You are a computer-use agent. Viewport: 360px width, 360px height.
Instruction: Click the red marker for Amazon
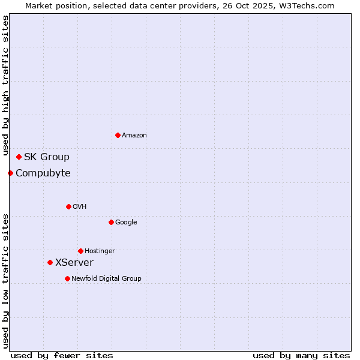coord(118,135)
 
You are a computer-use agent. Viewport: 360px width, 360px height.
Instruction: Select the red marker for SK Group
coord(19,157)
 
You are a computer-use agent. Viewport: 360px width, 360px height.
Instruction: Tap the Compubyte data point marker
coord(10,173)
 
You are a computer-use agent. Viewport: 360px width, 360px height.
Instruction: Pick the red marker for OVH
coord(68,206)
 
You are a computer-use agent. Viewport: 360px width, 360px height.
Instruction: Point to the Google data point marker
coord(111,222)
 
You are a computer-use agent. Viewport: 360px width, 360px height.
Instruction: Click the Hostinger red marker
coord(80,251)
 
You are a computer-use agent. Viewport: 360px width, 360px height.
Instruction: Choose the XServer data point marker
coord(50,262)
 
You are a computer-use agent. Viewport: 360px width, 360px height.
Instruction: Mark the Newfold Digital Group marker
coord(67,278)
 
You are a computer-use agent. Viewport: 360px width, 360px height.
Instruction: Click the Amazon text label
coord(134,136)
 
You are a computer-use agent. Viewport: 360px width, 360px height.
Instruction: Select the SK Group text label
coord(47,157)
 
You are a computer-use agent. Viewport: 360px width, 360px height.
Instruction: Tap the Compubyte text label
coord(43,173)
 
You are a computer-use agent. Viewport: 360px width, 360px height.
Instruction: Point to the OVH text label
coord(80,207)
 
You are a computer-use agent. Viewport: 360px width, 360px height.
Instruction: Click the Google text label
coord(126,223)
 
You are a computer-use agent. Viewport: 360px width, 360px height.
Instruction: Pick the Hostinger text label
coord(100,251)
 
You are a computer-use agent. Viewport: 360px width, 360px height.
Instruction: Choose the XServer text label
coord(74,263)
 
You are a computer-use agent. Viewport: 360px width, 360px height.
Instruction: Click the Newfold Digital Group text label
coord(106,279)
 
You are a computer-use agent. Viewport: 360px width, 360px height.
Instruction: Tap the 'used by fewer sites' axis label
coord(62,355)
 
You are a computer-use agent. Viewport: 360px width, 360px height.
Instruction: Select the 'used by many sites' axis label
coord(301,355)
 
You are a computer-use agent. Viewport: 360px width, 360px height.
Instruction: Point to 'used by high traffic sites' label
coord(6,86)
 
